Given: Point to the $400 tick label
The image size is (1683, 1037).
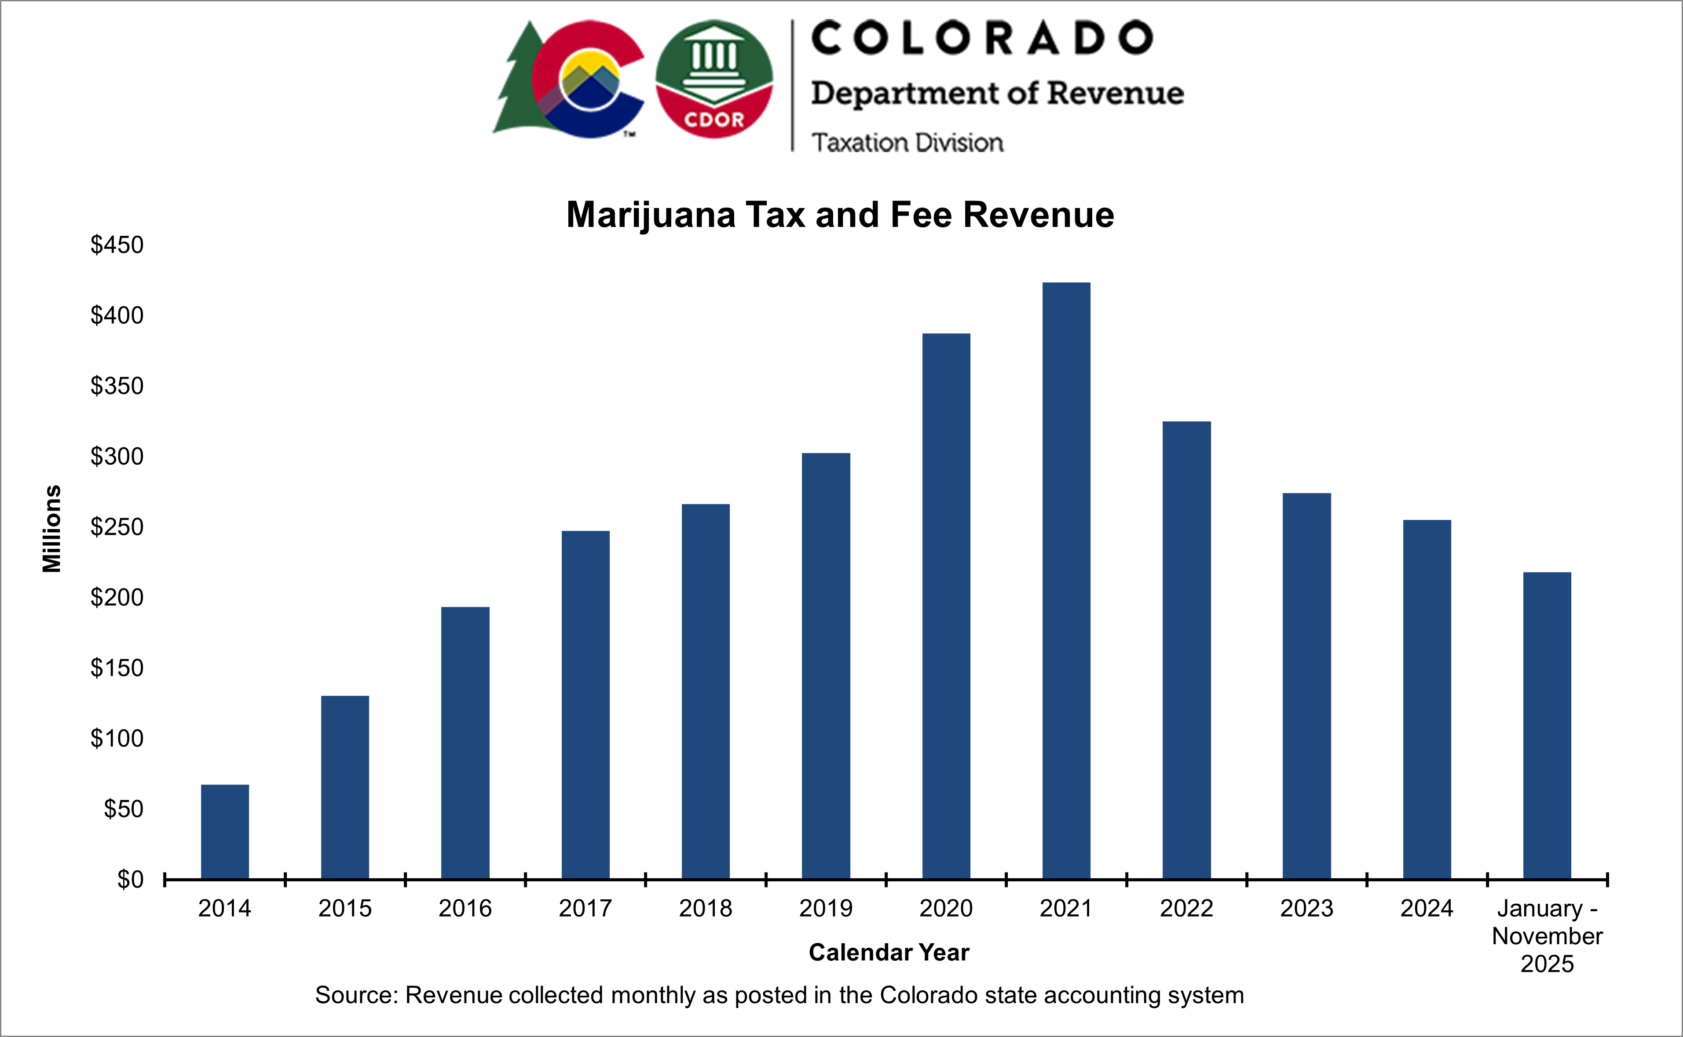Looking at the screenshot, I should point(117,315).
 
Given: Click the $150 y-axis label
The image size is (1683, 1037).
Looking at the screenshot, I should point(117,668).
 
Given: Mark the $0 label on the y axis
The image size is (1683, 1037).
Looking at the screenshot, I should point(130,879).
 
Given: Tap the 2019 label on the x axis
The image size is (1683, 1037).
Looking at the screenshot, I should point(826,908).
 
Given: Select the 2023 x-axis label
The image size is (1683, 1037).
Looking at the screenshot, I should point(1306,908).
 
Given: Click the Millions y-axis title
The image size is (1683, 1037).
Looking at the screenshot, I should point(52,528).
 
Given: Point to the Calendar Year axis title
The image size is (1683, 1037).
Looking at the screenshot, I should point(889,952).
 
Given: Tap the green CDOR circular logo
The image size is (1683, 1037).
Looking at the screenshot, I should point(714,78).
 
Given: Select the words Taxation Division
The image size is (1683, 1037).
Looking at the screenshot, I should point(907,142).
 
